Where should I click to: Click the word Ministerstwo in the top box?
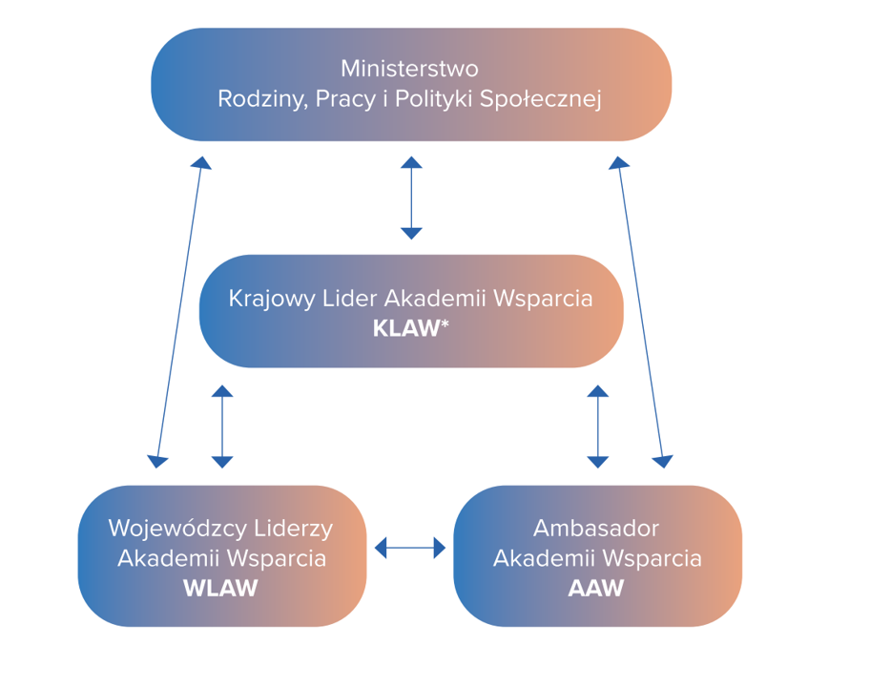[x=409, y=70]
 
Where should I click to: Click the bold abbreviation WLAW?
[x=220, y=589]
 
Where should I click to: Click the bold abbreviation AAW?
[x=596, y=589]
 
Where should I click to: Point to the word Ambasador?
[x=596, y=528]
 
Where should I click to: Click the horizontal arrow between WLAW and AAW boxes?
[x=410, y=548]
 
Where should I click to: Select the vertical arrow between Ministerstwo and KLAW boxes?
[x=411, y=198]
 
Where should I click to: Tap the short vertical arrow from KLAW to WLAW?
[x=222, y=427]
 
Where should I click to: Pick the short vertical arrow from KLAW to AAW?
[x=598, y=427]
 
